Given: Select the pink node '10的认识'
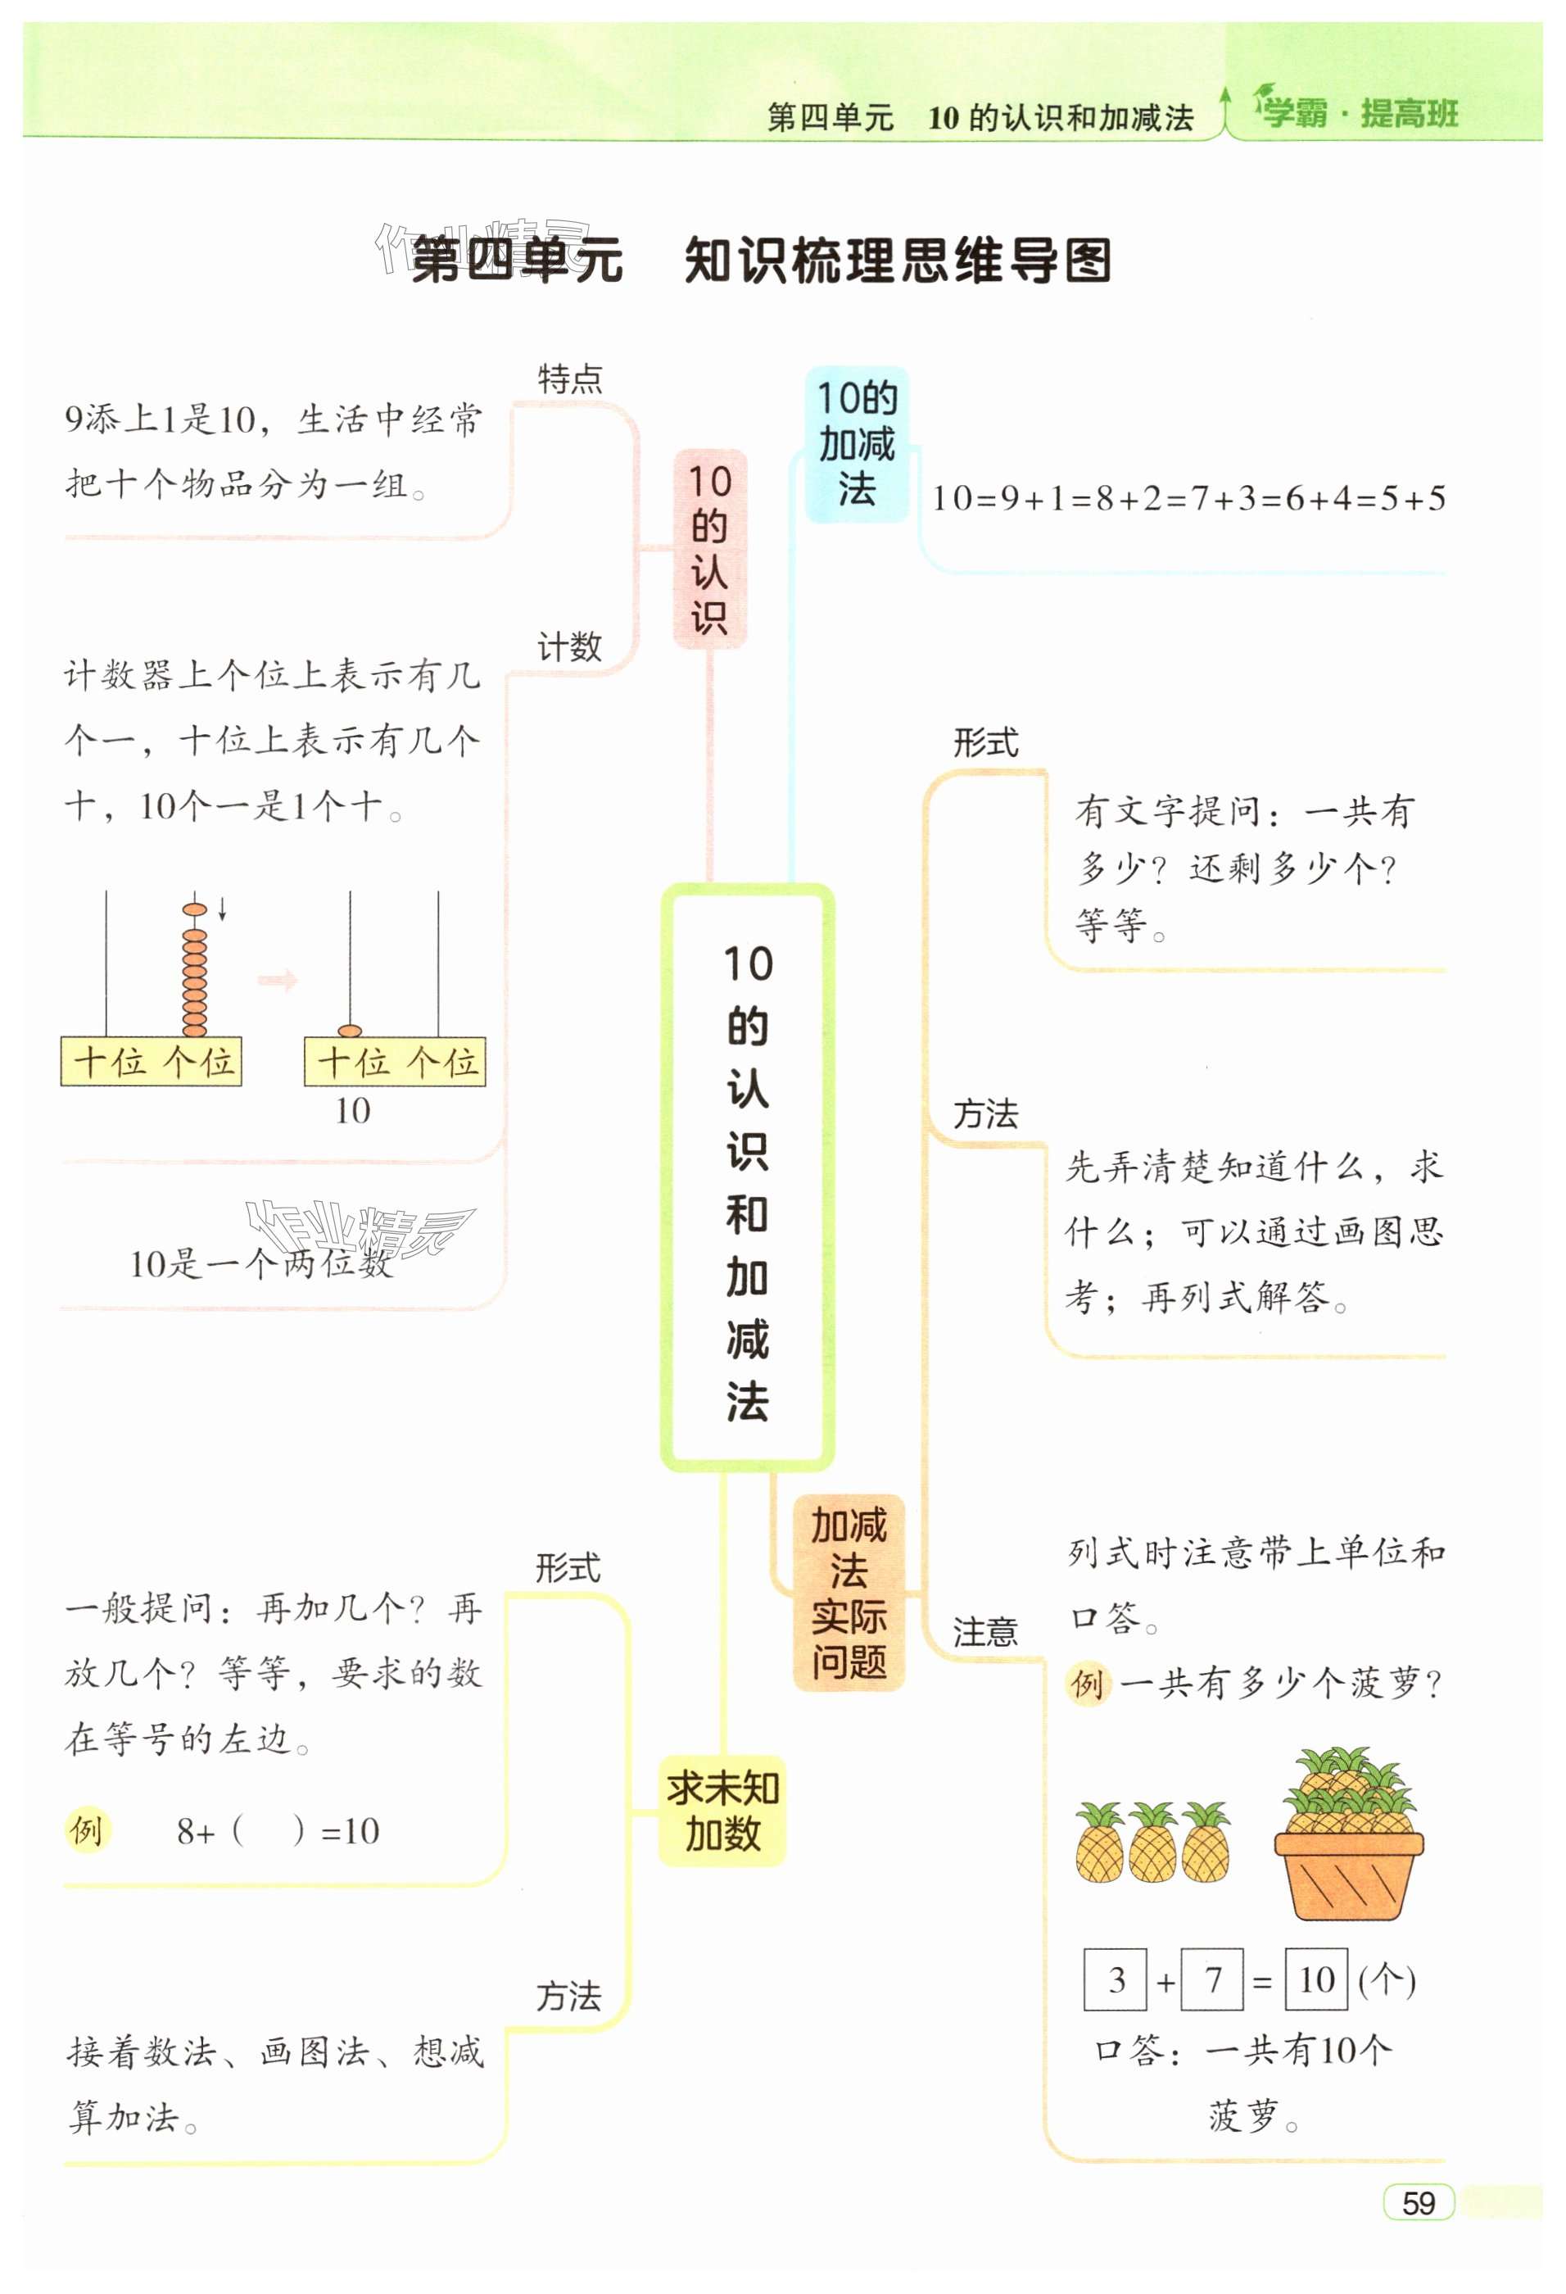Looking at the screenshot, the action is click(709, 549).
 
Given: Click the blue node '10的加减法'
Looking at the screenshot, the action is click(857, 444).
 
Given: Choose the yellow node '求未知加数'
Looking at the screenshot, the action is click(722, 1811).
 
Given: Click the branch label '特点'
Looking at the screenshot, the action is click(569, 379).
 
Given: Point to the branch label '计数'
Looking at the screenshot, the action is click(569, 647).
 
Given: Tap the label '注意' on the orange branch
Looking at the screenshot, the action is click(984, 1632).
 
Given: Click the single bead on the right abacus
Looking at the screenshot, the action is click(349, 1031).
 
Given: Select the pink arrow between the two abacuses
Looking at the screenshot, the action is click(278, 980).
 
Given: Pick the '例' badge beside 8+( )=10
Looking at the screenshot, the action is click(87, 1830).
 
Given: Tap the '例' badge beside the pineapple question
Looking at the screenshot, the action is click(1088, 1682).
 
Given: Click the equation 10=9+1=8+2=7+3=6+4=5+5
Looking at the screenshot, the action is click(1188, 498).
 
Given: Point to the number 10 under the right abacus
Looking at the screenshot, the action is click(352, 1112).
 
